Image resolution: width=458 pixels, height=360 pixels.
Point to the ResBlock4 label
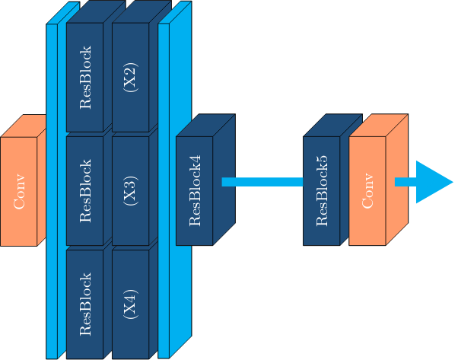point(194,191)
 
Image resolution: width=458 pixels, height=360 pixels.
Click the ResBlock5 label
point(321,191)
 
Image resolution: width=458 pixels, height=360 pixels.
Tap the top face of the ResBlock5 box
point(332,126)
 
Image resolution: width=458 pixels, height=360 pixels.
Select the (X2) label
point(130,78)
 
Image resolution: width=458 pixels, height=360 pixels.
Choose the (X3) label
point(130,190)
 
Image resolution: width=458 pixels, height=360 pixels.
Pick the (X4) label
point(130,303)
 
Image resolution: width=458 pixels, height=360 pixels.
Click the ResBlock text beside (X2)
point(84,78)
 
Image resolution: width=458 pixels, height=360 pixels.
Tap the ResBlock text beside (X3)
point(84,190)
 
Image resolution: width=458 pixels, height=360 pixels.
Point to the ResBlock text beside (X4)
point(84,303)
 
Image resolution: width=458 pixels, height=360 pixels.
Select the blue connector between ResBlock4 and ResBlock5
point(262,182)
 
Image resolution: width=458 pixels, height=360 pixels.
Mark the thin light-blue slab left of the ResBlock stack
point(52,190)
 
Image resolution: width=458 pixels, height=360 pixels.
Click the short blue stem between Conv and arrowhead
point(405,182)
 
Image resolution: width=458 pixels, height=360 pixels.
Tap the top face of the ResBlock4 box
point(205,126)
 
